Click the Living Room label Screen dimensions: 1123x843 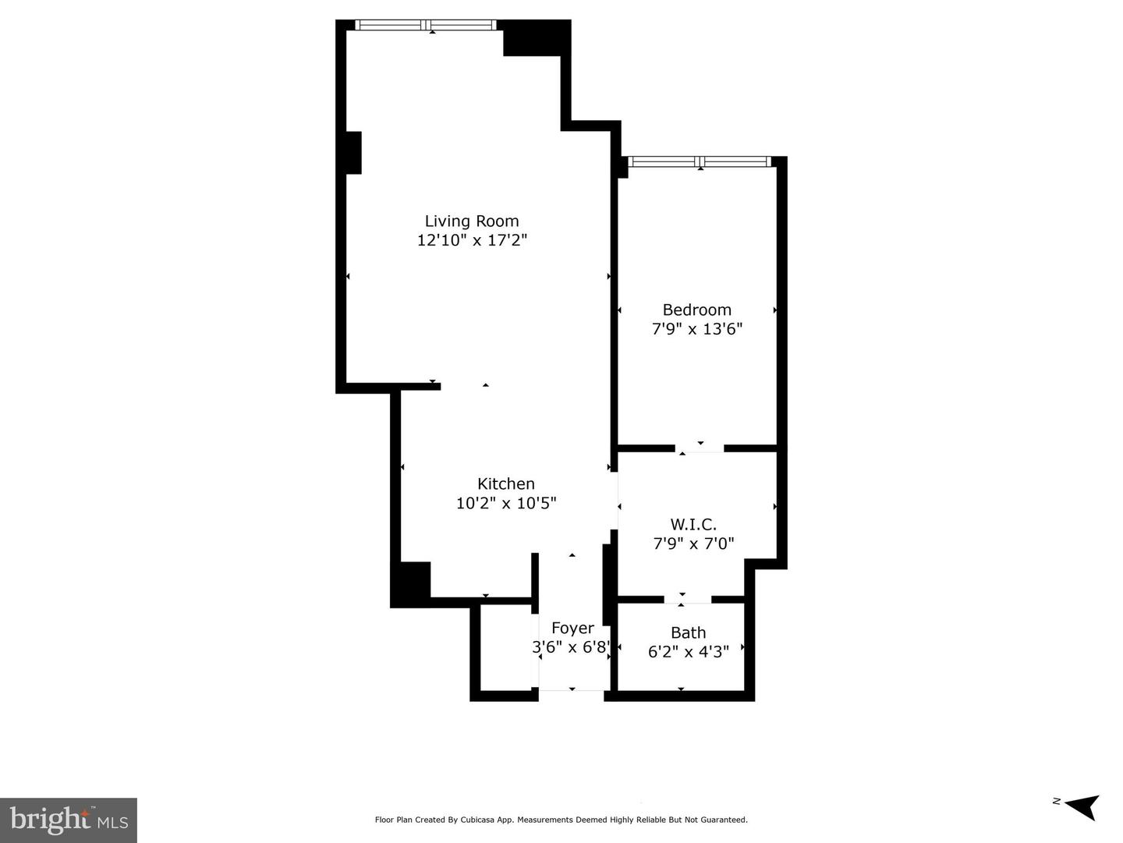(x=472, y=221)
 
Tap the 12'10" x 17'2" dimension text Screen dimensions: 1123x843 (x=472, y=240)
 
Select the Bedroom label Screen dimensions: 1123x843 (x=697, y=310)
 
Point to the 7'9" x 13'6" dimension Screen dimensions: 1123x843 (x=697, y=328)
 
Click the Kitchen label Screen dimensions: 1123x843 (x=506, y=483)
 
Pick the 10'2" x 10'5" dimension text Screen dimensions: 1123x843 (x=506, y=503)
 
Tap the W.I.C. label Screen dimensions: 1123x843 (x=693, y=524)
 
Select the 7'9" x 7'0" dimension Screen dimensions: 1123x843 (x=693, y=544)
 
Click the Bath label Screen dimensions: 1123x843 (x=688, y=632)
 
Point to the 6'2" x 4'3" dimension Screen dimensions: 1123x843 (x=688, y=652)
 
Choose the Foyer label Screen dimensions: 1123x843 (x=572, y=629)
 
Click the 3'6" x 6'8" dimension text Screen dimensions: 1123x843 (x=572, y=647)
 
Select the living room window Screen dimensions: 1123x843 (x=426, y=24)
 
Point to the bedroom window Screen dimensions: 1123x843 (x=700, y=161)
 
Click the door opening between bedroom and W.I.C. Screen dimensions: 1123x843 (x=700, y=448)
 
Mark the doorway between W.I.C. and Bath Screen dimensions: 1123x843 (x=688, y=599)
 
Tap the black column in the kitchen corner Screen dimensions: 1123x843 (x=410, y=584)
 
